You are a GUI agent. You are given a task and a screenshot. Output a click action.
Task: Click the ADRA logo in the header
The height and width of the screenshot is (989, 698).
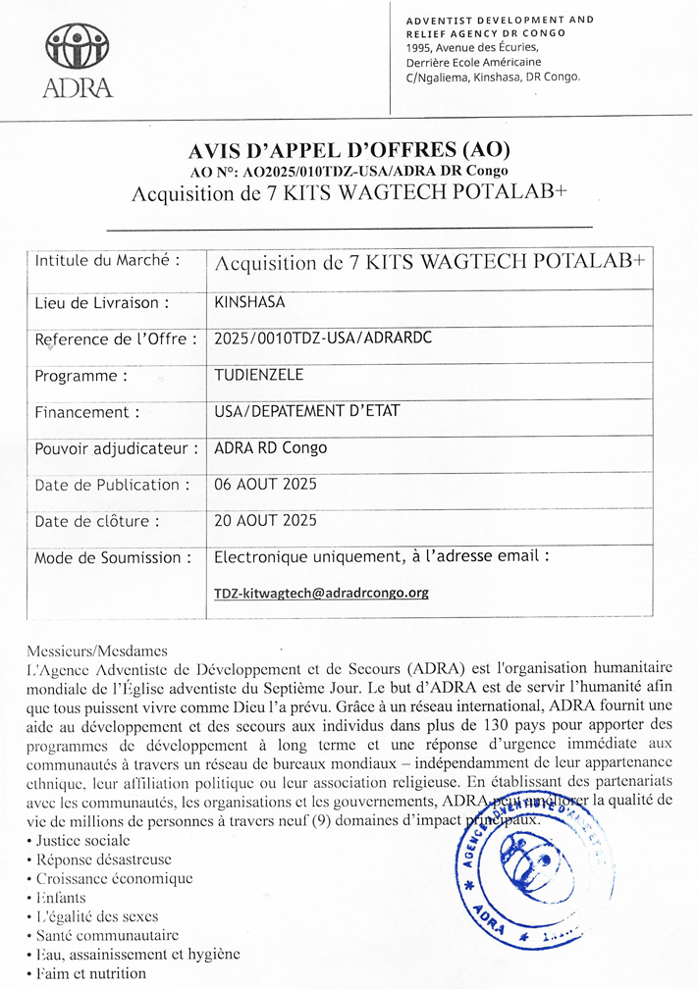tap(78, 61)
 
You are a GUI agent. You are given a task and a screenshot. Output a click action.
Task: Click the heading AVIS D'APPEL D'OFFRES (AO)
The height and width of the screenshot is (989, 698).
tap(349, 151)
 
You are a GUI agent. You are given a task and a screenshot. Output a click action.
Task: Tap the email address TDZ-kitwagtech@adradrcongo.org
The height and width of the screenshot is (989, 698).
tap(321, 593)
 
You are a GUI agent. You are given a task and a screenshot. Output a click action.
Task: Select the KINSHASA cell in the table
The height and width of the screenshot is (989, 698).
tap(249, 302)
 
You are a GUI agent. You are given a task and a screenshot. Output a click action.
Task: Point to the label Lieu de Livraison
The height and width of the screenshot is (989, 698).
tap(102, 303)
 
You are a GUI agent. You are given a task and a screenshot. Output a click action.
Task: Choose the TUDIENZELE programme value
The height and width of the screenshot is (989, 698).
tap(259, 375)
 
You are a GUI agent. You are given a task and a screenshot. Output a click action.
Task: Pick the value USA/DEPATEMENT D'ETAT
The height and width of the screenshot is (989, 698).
tap(306, 411)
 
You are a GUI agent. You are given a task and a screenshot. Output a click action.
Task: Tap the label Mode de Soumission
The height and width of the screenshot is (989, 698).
tap(113, 558)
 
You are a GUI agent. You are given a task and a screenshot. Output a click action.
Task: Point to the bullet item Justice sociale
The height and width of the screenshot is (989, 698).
tap(82, 841)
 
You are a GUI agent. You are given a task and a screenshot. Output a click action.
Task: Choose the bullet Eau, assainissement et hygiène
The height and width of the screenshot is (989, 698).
tap(137, 954)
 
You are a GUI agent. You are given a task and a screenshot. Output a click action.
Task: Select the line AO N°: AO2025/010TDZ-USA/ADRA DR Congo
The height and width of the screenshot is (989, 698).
tap(349, 172)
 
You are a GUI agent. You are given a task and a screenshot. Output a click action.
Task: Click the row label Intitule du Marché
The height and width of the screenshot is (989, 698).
tap(107, 261)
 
